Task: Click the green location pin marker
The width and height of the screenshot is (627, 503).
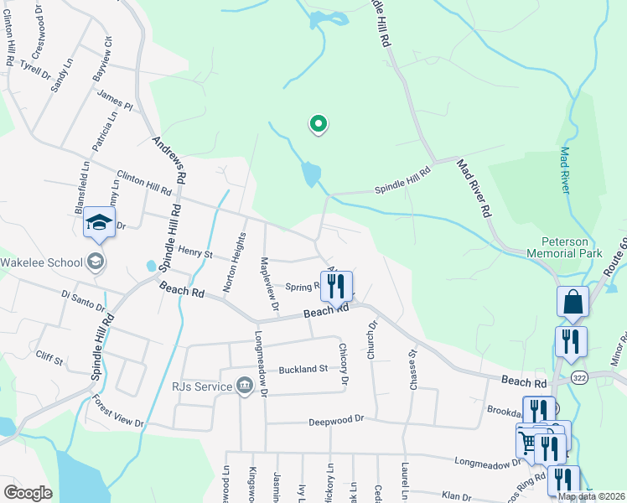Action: tap(319, 125)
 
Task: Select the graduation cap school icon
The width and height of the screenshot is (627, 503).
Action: tap(98, 222)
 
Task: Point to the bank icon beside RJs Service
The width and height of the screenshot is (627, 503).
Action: tap(244, 386)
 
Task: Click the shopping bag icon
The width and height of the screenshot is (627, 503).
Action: tap(573, 303)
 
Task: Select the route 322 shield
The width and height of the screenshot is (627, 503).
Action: tap(578, 379)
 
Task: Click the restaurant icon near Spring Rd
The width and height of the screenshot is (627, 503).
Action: tap(335, 286)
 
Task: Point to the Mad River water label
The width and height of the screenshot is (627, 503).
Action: tap(565, 171)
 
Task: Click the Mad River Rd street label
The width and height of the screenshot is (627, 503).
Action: tap(473, 189)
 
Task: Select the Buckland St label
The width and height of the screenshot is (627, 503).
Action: tap(303, 369)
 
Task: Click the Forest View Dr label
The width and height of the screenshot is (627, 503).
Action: tap(118, 412)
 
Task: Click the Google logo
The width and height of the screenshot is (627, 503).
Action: tap(28, 493)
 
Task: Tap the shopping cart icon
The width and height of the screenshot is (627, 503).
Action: tap(528, 441)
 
